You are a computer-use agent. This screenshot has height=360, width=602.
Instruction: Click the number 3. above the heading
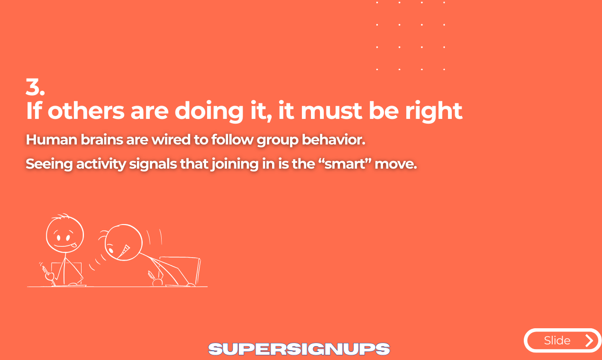click(x=35, y=87)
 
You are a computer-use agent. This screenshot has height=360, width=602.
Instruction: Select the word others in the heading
click(x=86, y=111)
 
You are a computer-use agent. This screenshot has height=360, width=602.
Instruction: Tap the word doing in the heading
click(x=209, y=111)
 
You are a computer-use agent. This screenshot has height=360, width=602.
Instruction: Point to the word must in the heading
click(x=331, y=111)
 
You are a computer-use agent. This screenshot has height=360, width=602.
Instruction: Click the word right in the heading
click(x=434, y=111)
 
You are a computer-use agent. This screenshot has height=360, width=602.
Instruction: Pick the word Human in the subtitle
click(x=51, y=140)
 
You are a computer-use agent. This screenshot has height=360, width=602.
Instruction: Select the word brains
click(x=102, y=140)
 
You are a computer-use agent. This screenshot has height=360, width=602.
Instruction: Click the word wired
click(x=171, y=140)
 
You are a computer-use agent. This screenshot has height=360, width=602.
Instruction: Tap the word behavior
click(x=334, y=140)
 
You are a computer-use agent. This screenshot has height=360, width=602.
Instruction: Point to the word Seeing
click(x=49, y=164)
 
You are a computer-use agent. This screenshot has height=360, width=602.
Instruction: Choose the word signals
click(x=153, y=164)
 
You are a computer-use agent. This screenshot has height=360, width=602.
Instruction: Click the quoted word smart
click(x=346, y=164)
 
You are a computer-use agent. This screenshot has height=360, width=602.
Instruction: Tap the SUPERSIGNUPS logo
click(x=299, y=349)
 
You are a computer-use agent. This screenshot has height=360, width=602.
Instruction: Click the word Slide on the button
click(x=557, y=341)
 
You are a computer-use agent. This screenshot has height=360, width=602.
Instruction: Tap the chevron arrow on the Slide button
click(x=589, y=341)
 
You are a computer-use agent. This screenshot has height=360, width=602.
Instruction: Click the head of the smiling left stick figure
click(x=65, y=234)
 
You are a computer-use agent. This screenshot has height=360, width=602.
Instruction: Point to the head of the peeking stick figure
click(x=123, y=243)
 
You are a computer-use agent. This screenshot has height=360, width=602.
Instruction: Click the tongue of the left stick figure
click(x=75, y=245)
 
